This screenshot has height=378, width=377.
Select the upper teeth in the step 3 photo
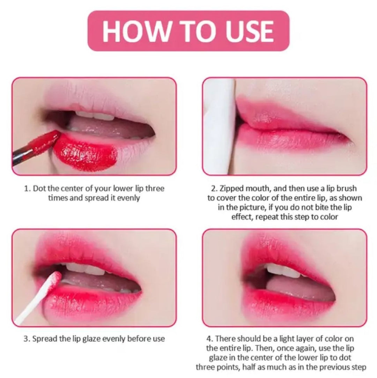point(84,269)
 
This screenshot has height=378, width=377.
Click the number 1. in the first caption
point(27,189)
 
